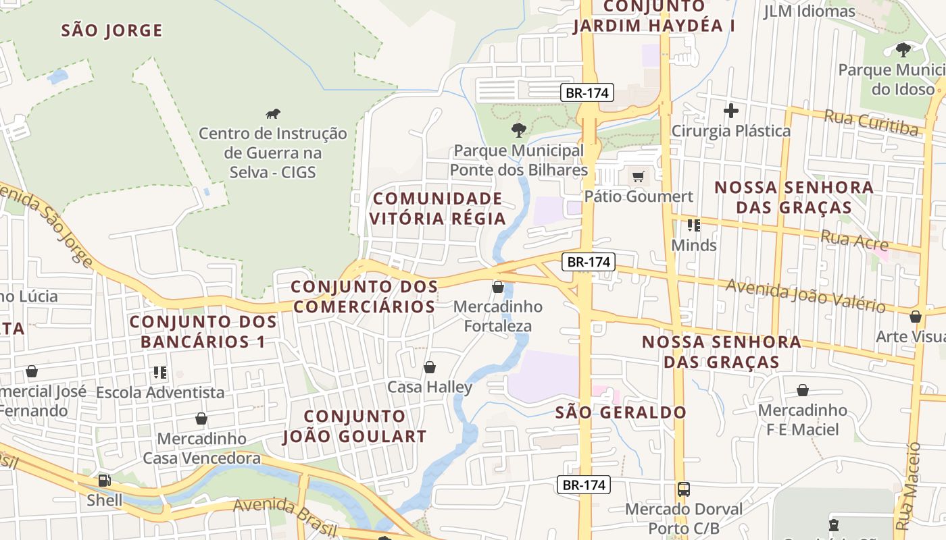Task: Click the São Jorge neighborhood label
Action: [x=111, y=30]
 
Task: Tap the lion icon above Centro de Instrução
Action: [x=273, y=114]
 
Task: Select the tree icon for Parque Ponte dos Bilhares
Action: [x=518, y=130]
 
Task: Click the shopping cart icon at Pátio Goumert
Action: [x=639, y=177]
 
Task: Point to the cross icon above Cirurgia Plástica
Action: [x=730, y=111]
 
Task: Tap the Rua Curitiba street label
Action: [x=870, y=123]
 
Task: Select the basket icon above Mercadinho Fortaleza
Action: [x=498, y=287]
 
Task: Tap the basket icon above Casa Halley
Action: [x=429, y=367]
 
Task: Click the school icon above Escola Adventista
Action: [x=160, y=373]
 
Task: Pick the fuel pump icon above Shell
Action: [x=104, y=481]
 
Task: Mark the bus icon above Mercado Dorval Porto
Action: [x=684, y=489]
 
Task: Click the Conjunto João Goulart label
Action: [x=355, y=426]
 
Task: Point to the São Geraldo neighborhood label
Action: [x=620, y=412]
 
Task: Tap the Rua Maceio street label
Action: [x=905, y=486]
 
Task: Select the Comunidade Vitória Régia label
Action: [x=437, y=209]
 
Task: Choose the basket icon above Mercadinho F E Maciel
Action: [x=802, y=390]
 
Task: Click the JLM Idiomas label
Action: [x=809, y=11]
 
